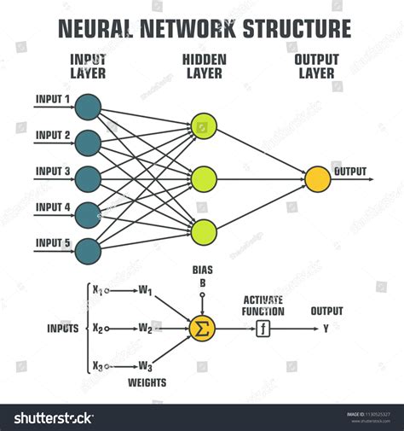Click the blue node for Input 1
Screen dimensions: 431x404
coord(87,106)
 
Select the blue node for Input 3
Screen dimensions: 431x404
coord(87,178)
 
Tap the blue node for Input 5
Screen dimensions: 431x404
coord(87,250)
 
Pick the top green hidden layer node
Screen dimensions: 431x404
coord(204,126)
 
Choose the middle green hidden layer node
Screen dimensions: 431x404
coord(204,178)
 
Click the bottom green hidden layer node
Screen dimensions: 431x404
coord(204,231)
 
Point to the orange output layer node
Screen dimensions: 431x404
coord(318,178)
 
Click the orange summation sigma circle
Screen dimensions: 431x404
coord(202,327)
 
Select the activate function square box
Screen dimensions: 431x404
coord(263,327)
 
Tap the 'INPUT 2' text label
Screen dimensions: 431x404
coord(53,135)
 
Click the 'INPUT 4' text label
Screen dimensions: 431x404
coord(53,207)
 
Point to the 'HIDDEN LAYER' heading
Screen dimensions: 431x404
coord(203,66)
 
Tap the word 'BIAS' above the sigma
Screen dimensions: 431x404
coord(202,270)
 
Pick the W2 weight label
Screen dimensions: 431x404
coord(144,328)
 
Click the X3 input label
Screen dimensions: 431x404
coord(97,366)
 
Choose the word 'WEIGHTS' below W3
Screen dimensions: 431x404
coord(147,382)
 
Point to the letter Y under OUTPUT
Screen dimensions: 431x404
coord(326,327)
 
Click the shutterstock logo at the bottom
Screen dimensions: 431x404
coord(51,417)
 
